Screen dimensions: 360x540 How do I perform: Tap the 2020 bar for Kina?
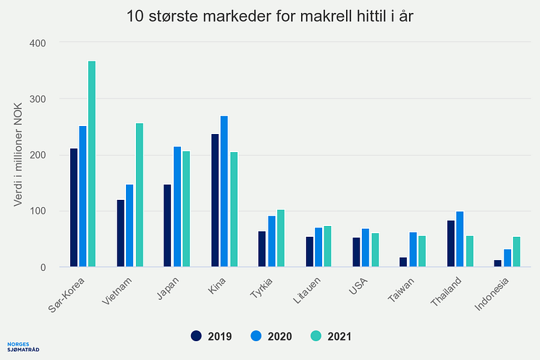click(x=224, y=191)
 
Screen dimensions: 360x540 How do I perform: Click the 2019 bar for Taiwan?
click(x=403, y=262)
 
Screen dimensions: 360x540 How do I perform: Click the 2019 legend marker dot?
click(x=196, y=336)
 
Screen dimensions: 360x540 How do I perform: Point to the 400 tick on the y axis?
click(x=38, y=43)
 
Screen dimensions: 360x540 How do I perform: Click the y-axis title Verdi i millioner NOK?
click(x=20, y=155)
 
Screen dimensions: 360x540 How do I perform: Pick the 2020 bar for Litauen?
click(x=318, y=247)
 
